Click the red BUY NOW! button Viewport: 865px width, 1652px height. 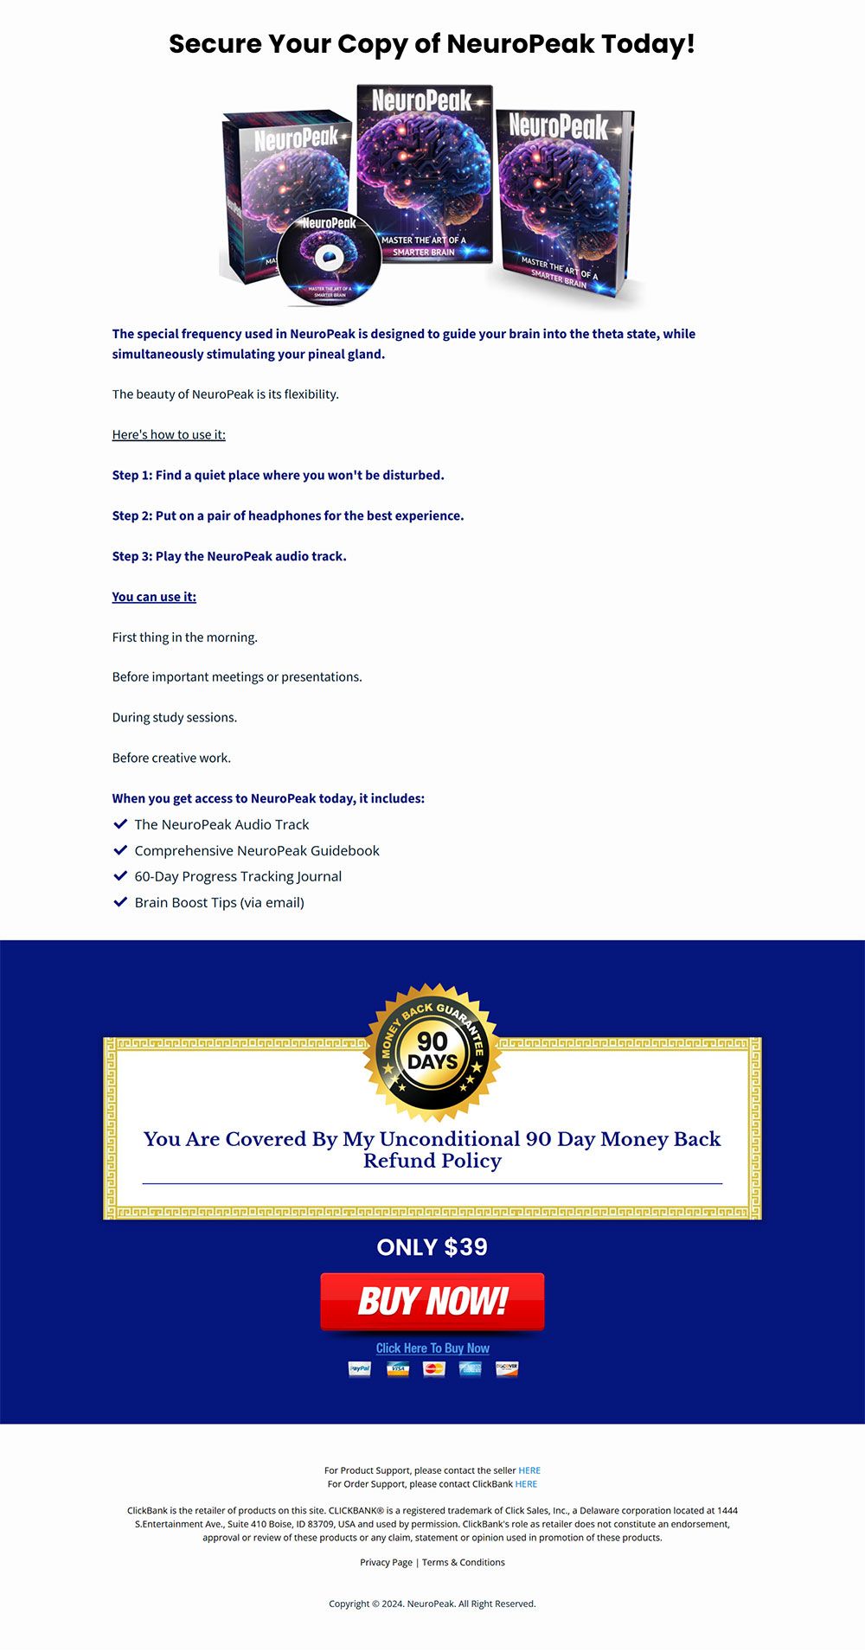432,1301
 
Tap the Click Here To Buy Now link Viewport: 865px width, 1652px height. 432,1348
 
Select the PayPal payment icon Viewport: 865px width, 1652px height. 359,1368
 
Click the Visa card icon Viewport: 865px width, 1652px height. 398,1368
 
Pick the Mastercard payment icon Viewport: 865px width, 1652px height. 434,1368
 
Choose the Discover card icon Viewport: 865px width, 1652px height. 507,1368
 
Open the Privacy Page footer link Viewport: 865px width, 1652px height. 386,1562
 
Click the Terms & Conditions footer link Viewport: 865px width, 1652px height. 464,1562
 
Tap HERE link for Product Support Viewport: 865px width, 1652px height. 529,1470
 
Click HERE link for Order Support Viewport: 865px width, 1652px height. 526,1484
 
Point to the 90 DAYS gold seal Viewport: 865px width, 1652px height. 432,1052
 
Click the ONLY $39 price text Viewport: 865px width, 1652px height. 432,1247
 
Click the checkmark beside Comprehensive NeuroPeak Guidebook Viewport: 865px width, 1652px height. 120,850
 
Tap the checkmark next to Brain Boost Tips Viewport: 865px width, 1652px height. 120,902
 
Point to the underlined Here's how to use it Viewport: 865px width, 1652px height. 169,435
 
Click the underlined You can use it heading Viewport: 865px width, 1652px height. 154,597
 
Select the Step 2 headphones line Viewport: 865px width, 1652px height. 288,516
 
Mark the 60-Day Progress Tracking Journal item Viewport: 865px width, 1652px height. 238,877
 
